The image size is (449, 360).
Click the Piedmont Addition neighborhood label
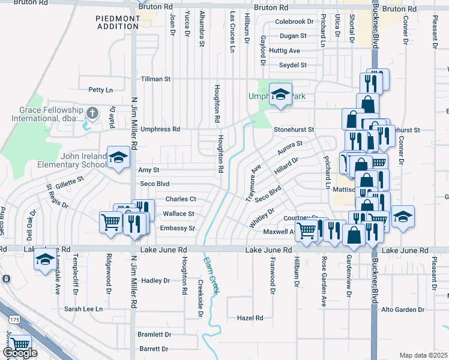pyautogui.click(x=118, y=23)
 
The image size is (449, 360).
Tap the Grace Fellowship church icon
pyautogui.click(x=92, y=112)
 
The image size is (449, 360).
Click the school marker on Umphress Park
pyautogui.click(x=279, y=95)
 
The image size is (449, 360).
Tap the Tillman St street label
pyautogui.click(x=155, y=79)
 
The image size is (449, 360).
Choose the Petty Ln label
pyautogui.click(x=100, y=90)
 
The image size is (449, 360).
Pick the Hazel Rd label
pyautogui.click(x=250, y=318)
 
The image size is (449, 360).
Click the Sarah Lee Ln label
pyautogui.click(x=83, y=309)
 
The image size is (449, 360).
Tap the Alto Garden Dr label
pyautogui.click(x=403, y=310)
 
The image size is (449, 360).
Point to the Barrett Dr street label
pyautogui.click(x=154, y=349)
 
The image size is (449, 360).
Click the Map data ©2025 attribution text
pyautogui.click(x=423, y=355)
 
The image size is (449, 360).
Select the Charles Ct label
pyautogui.click(x=181, y=199)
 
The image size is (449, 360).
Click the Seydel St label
pyautogui.click(x=293, y=65)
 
